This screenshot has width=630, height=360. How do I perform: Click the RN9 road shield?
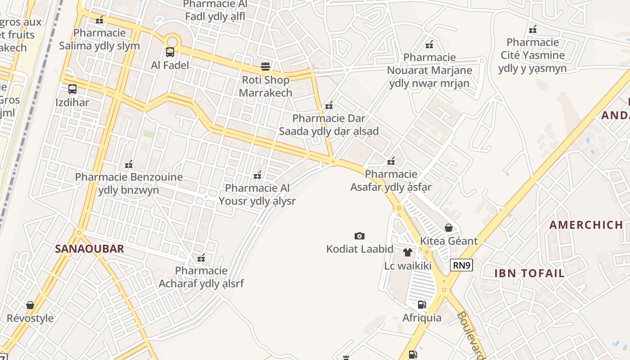[461, 265]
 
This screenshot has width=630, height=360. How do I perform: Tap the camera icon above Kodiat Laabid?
[359, 236]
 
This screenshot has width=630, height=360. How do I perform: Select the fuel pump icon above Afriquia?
[422, 305]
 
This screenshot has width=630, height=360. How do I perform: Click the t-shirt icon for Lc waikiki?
[408, 252]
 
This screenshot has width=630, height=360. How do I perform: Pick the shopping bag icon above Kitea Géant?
[448, 228]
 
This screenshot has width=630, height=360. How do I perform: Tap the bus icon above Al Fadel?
[170, 52]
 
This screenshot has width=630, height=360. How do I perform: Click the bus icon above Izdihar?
[72, 89]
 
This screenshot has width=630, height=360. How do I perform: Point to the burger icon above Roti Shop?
[265, 67]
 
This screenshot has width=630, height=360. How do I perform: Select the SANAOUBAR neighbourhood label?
[89, 249]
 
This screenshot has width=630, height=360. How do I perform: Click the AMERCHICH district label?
[586, 225]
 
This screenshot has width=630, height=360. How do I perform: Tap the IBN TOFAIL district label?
[529, 273]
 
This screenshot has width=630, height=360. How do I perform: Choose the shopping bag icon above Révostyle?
[30, 305]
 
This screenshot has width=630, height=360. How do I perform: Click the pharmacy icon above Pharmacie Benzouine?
[129, 164]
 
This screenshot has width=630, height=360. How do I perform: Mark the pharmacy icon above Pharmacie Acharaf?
[201, 258]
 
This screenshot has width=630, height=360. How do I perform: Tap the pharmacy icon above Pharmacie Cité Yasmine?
[533, 29]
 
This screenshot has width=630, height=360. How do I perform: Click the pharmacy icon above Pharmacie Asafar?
[391, 161]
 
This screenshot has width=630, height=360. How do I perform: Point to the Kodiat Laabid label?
[360, 249]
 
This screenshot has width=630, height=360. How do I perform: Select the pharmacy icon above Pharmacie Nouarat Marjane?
[429, 45]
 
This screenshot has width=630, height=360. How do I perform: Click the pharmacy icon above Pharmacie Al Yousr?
[257, 175]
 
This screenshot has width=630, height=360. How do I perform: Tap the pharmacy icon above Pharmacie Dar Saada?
[329, 105]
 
